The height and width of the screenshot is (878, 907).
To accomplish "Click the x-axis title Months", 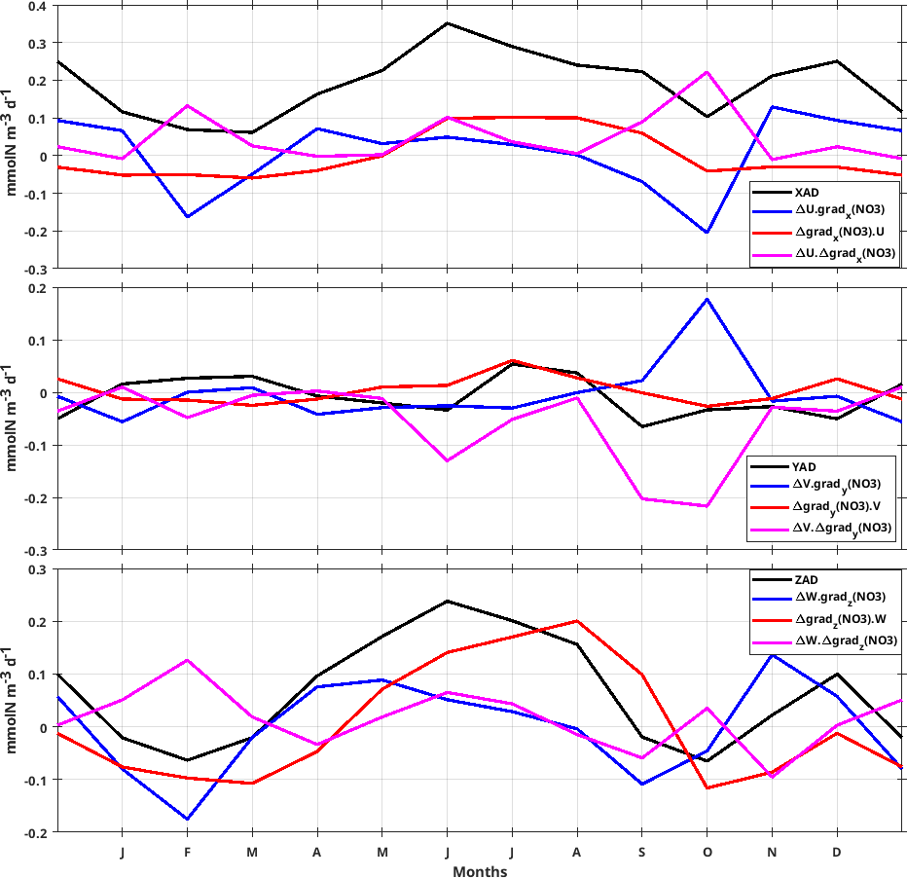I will coord(479,871).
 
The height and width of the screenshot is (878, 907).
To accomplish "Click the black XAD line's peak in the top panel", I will coord(448,23).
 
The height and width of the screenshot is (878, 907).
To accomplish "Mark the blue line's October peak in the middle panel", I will coord(707,299).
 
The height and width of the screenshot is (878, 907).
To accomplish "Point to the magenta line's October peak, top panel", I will coord(707,72).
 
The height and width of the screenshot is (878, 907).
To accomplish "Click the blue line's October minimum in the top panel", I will coord(707,233).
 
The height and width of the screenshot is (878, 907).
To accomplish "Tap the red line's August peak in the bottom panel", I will coord(577,621).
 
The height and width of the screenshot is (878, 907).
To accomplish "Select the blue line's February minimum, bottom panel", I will coord(187,820).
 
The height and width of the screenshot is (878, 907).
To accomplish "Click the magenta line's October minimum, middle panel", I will coord(707,506).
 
